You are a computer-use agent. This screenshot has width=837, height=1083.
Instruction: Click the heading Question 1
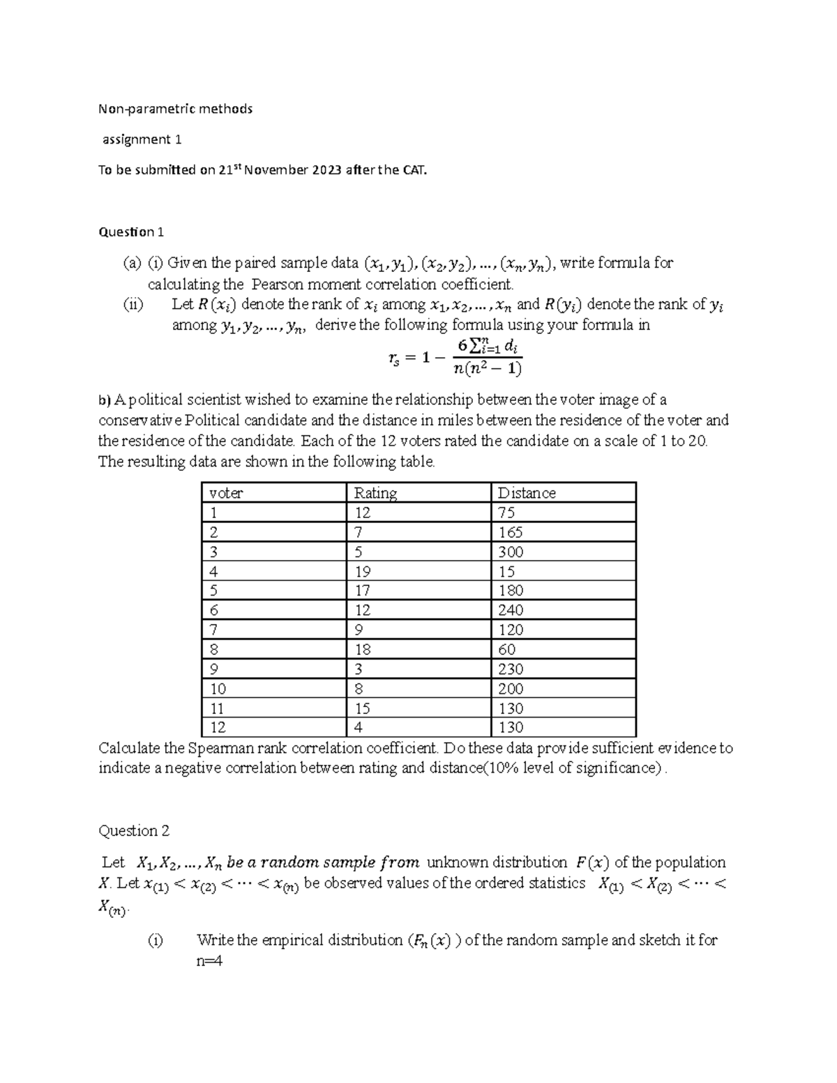coord(131,232)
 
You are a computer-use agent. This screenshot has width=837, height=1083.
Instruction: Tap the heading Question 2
coord(134,831)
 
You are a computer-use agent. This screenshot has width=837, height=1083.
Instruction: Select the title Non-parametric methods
coord(175,109)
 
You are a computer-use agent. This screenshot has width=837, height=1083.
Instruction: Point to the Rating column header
coord(375,493)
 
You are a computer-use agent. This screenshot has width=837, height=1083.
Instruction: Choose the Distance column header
coord(527,493)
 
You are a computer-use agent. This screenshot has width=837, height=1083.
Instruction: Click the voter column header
coord(226,493)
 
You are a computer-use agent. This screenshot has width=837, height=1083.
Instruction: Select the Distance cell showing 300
coord(511,552)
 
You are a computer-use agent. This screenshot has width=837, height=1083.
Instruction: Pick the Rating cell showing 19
coord(362,571)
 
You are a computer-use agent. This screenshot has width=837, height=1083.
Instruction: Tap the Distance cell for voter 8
coord(506,649)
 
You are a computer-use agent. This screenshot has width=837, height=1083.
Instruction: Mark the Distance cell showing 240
coord(511,610)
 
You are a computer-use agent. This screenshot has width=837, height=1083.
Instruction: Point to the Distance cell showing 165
coord(511,532)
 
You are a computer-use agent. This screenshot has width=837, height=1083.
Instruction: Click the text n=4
coord(209,961)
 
